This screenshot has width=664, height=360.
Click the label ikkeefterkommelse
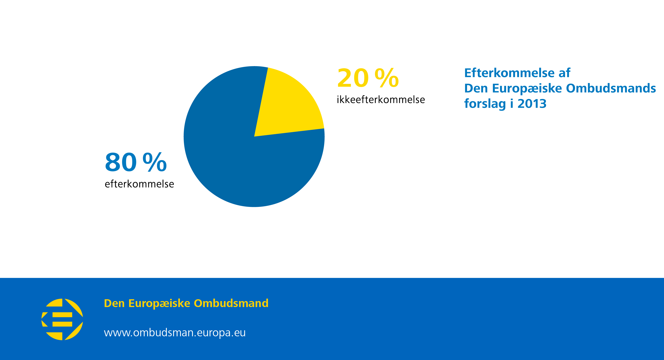[x=381, y=100]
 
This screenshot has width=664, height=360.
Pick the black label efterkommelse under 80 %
[x=139, y=184]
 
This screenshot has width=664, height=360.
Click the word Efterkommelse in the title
[x=509, y=73]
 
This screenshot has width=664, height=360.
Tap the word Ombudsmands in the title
[x=611, y=88]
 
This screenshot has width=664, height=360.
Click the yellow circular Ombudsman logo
[x=62, y=319]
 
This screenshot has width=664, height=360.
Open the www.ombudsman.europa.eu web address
[x=175, y=333]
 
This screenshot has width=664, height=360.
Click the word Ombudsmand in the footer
[x=231, y=303]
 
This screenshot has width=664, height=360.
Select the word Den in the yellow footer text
[x=114, y=303]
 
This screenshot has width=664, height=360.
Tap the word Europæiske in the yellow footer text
[x=159, y=303]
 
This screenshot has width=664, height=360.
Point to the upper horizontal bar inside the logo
[x=62, y=315]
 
